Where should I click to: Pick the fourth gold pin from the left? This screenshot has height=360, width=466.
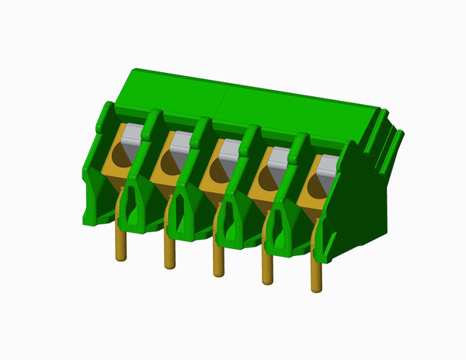coord(268,268)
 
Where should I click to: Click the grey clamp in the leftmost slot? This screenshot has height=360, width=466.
coord(133,133)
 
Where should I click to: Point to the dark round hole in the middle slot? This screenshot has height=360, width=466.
coord(217,172)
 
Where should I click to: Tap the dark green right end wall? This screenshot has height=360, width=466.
coord(361,202)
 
